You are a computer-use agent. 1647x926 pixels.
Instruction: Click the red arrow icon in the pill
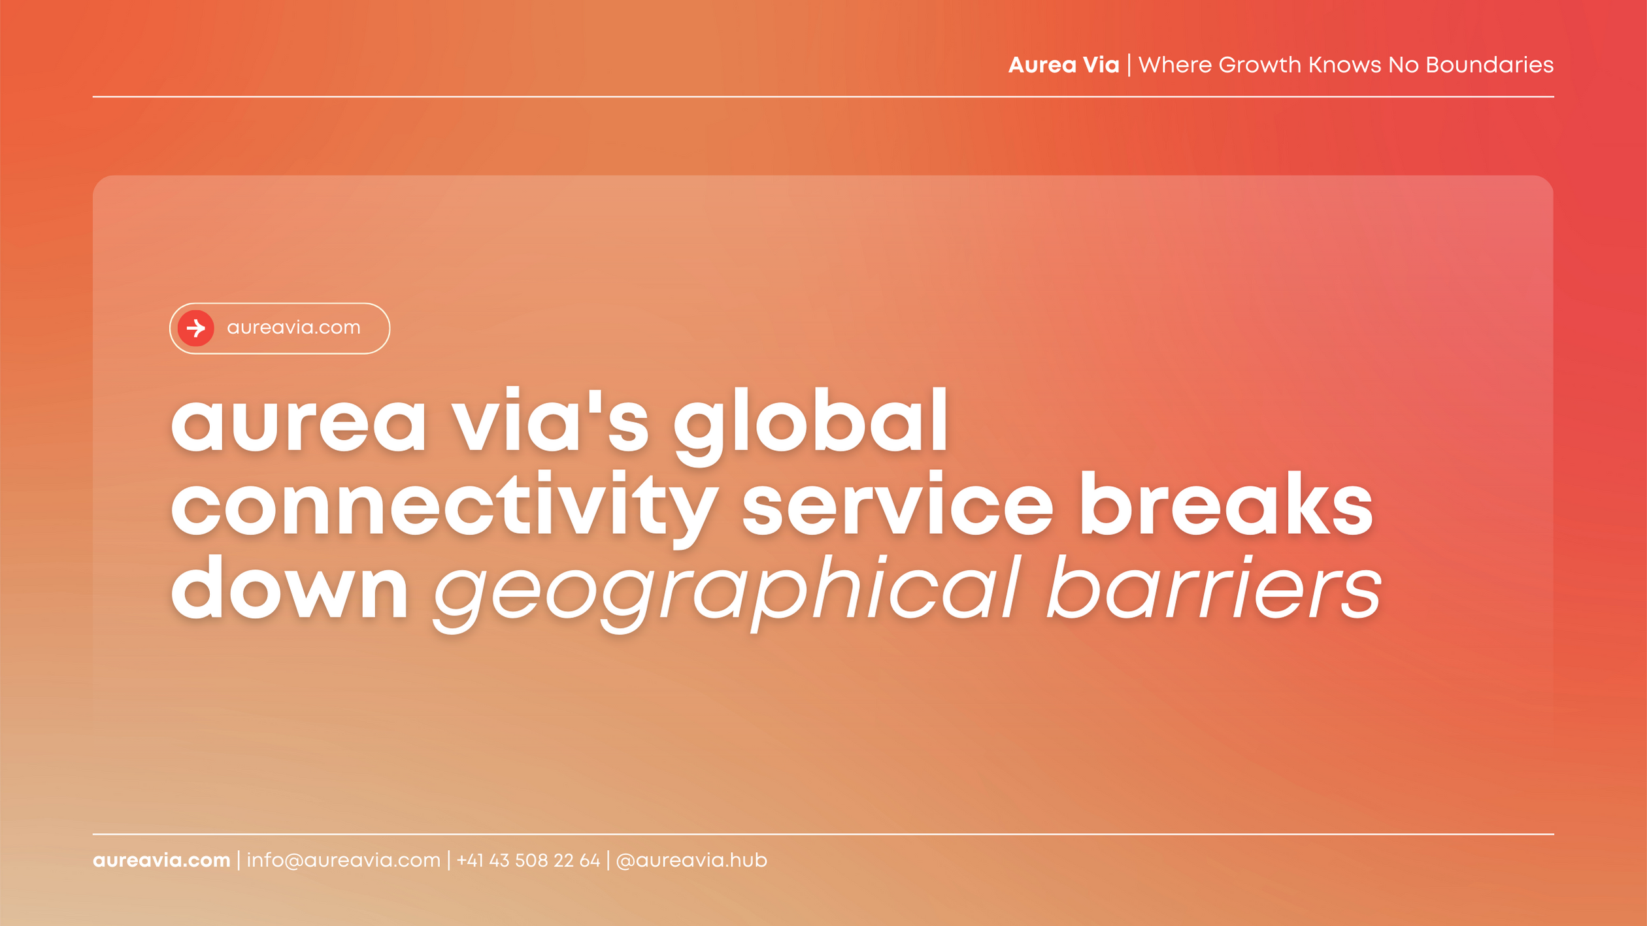coord(196,328)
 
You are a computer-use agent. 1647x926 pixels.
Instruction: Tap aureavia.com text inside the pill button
coord(293,327)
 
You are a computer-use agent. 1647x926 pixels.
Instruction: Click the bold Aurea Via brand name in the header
coord(1063,65)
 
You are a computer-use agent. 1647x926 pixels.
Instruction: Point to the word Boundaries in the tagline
coord(1489,65)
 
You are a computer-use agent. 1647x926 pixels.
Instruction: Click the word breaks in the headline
coord(1226,504)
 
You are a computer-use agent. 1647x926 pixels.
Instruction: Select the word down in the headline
coord(290,587)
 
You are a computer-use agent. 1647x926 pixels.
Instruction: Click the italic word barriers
coord(1214,587)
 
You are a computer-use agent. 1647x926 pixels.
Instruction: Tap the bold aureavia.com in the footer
coord(161,860)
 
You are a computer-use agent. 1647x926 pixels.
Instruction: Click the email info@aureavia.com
coord(343,860)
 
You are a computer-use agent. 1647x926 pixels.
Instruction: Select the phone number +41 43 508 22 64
coord(528,860)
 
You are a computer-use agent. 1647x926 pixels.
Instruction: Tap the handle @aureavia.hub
coord(691,860)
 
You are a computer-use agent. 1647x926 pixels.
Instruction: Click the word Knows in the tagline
coord(1344,65)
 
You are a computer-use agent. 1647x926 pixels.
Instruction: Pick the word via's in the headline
coord(550,421)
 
